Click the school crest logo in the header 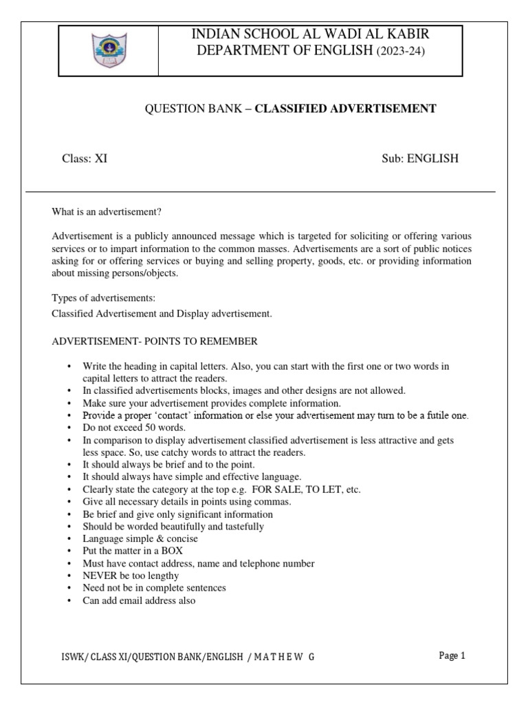(109, 50)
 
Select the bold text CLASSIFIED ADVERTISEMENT (345, 108)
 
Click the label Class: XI (85, 158)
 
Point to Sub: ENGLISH (420, 158)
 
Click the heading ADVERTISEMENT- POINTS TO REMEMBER (155, 341)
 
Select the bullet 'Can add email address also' (139, 600)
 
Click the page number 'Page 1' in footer (452, 655)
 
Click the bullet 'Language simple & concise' (140, 538)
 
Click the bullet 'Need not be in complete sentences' (154, 588)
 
